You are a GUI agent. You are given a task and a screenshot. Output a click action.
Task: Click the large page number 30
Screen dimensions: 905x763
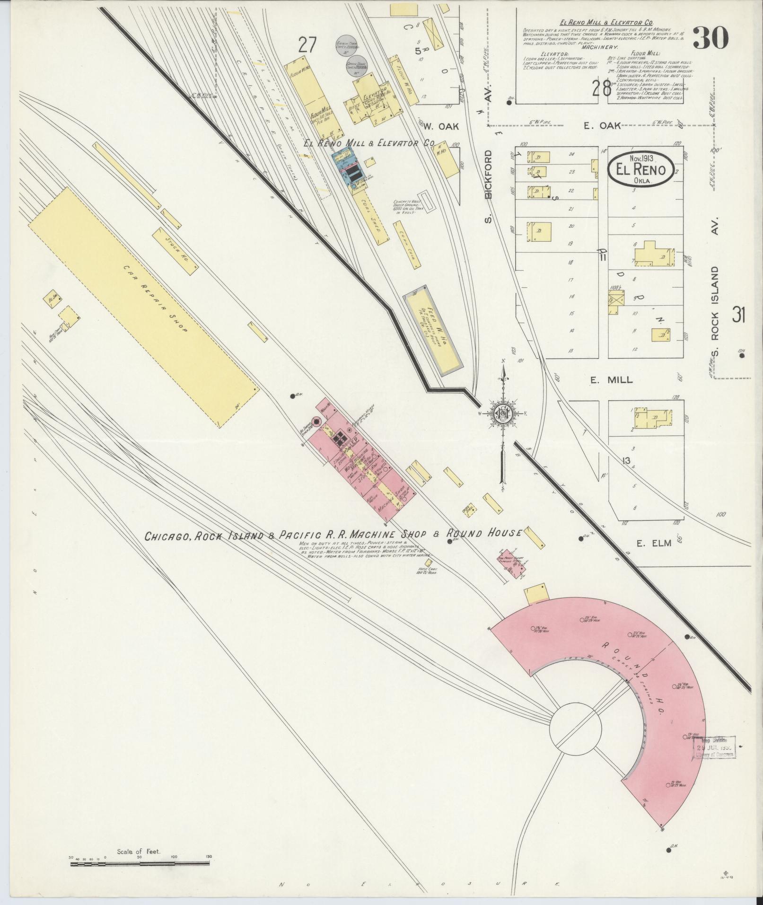tap(710, 38)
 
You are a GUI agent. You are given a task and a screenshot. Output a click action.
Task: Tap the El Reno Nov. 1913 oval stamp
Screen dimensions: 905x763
tap(640, 169)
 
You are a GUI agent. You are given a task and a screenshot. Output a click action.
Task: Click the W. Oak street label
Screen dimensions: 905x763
tap(438, 126)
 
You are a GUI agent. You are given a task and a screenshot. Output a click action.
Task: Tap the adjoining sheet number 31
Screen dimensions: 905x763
tap(739, 315)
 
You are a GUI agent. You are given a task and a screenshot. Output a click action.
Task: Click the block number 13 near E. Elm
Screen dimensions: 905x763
tap(627, 461)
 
